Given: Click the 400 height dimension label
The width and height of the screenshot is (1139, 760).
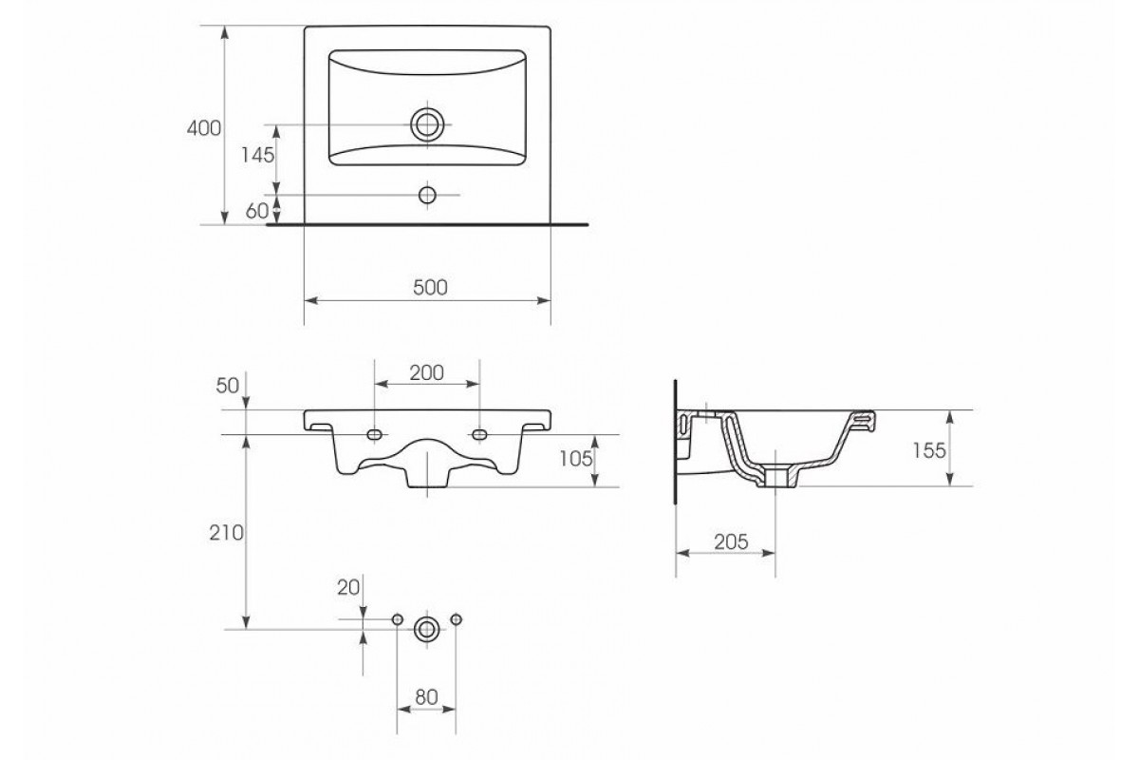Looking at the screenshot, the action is point(204,128).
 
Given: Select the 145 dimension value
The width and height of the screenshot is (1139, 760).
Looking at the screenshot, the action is point(258,155).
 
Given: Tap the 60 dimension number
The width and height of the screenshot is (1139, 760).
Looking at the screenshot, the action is point(257,211).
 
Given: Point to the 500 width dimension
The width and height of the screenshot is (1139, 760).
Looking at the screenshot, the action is point(430,288).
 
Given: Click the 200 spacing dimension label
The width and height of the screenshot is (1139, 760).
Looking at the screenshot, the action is point(426,373).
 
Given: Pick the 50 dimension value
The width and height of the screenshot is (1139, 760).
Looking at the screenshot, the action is point(227,386).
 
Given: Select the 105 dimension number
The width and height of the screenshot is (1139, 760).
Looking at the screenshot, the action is point(576,459).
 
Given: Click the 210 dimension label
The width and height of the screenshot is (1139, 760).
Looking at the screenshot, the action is point(226,533).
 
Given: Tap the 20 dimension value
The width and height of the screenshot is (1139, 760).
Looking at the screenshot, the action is point(348,588).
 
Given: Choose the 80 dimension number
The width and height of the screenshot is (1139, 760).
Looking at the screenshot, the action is point(426,697).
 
